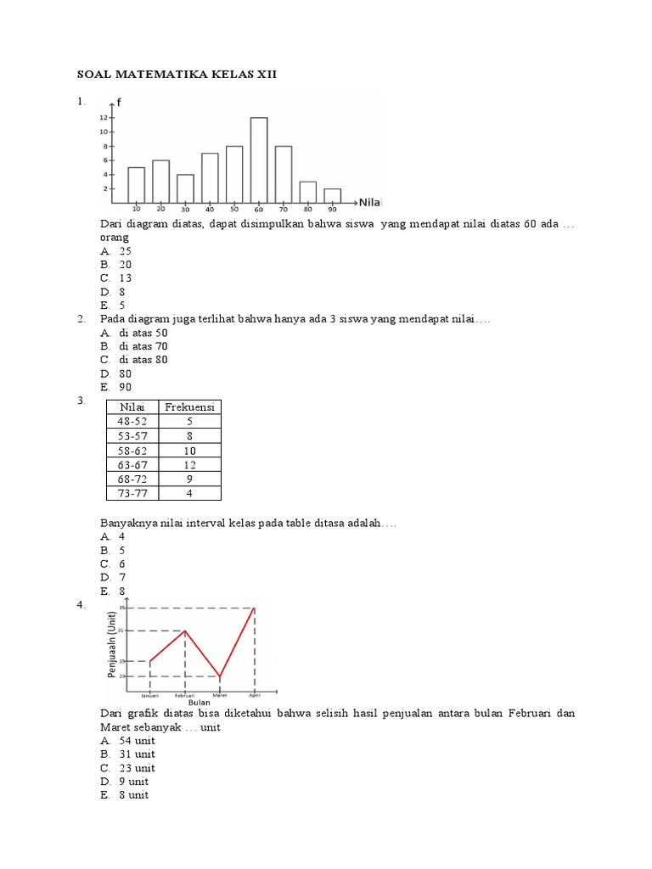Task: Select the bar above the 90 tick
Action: click(332, 195)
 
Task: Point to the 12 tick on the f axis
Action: click(103, 118)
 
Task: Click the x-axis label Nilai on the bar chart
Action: click(371, 202)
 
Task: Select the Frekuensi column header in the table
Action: click(190, 407)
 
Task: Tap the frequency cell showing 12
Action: click(190, 464)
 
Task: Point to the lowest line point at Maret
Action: click(220, 676)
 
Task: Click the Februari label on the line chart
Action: click(185, 695)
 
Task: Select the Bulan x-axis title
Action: click(199, 702)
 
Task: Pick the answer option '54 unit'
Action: click(137, 740)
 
